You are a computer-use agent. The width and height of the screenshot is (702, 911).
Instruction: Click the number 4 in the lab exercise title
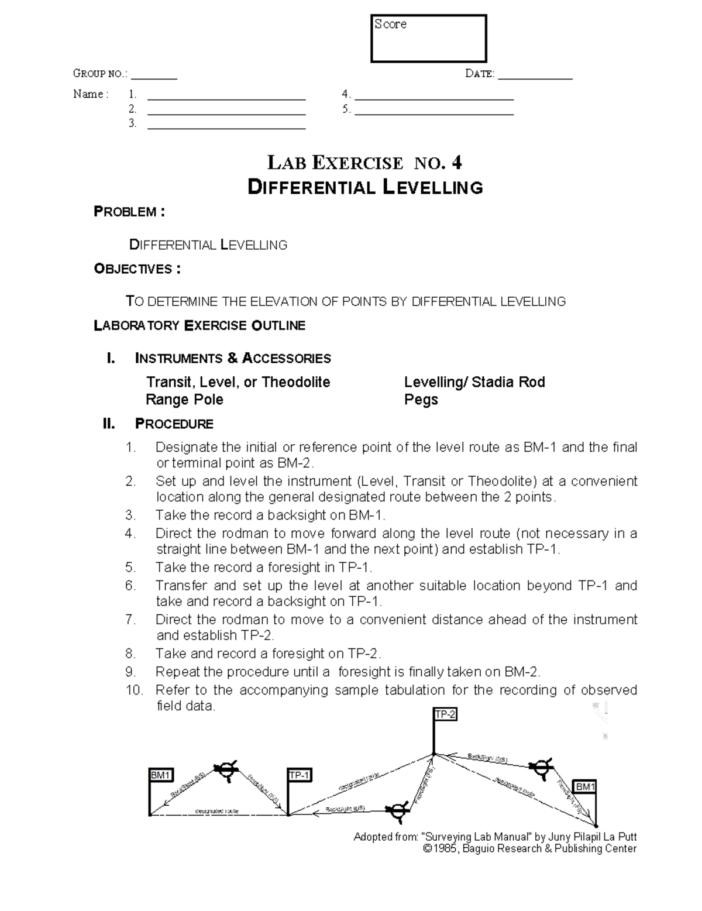click(x=456, y=163)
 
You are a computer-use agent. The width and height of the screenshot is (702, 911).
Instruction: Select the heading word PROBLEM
click(x=125, y=212)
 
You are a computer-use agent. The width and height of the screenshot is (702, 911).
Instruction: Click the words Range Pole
click(x=184, y=400)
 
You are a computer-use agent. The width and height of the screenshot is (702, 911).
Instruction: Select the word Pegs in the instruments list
click(x=421, y=400)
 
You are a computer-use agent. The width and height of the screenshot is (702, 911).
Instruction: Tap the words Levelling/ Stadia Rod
click(x=474, y=383)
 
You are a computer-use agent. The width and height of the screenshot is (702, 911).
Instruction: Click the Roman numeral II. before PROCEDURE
click(x=109, y=424)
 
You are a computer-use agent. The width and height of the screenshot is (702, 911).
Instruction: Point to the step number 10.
click(x=134, y=690)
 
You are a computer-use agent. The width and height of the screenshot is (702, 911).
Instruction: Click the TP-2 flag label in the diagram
click(x=445, y=714)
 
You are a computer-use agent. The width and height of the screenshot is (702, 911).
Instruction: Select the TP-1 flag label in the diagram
click(x=300, y=776)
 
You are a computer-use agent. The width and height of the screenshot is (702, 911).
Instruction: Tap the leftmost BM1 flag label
click(x=161, y=776)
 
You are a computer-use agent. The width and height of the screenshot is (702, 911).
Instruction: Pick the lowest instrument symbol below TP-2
click(x=397, y=810)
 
